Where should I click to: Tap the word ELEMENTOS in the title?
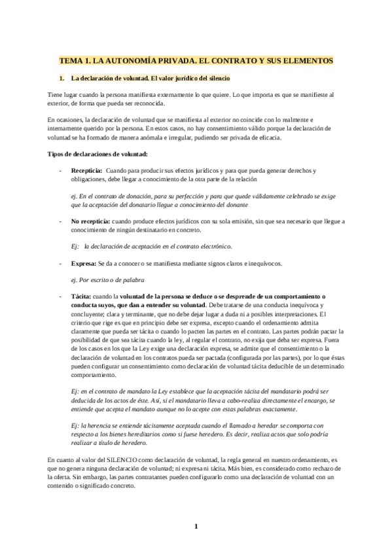point(307,60)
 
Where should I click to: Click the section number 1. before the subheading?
point(62,79)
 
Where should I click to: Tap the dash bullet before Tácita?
point(61,296)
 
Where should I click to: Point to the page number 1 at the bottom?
point(196,526)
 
